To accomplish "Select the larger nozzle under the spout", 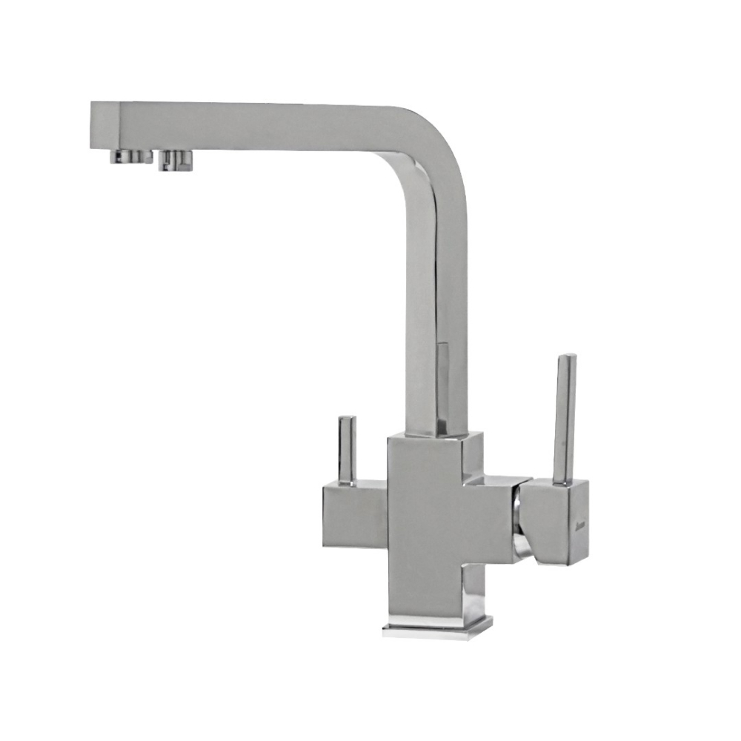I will [x=176, y=159].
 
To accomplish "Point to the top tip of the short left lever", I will [x=347, y=419].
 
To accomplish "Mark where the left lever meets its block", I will [x=347, y=482].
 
